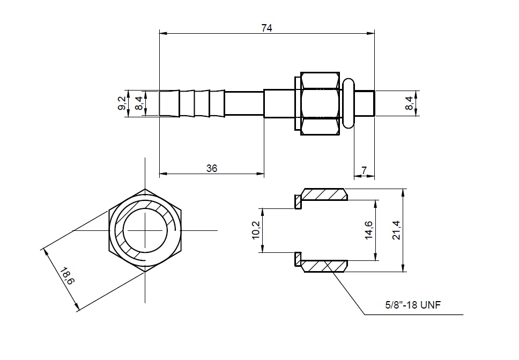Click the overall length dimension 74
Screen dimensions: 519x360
coord(267,28)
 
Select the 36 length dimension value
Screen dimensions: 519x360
coord(212,168)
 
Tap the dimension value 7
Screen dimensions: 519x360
coord(364,170)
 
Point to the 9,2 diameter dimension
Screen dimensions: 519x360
coord(122,103)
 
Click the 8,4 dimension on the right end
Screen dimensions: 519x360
coord(409,103)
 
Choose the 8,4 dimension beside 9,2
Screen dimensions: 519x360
coord(139,103)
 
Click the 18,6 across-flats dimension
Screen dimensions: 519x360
coord(67,276)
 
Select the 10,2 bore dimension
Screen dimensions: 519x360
coord(256,230)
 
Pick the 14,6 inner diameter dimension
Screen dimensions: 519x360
coord(369,230)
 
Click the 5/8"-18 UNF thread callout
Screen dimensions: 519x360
coord(413,304)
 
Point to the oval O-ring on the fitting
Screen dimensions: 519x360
coord(348,103)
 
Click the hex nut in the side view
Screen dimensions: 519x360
coord(320,103)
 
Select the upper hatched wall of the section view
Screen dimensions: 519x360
coord(324,194)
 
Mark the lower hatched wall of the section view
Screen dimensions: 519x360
coord(324,266)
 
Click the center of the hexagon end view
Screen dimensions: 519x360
coord(145,230)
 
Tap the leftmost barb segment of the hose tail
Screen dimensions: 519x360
coord(169,103)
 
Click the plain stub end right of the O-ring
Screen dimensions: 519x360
coord(365,103)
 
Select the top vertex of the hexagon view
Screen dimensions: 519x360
coord(145,189)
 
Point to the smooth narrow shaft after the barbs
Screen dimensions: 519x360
coord(244,103)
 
